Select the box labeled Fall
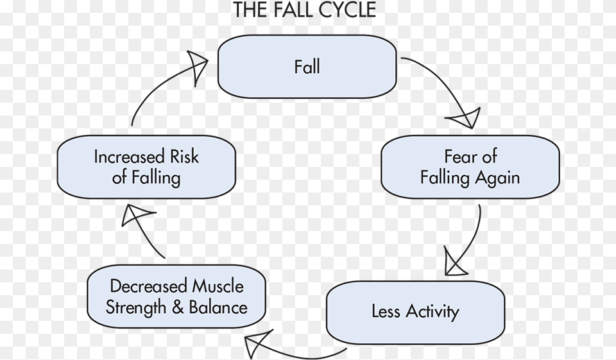click(307, 67)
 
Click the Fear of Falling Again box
click(470, 167)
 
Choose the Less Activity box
click(415, 313)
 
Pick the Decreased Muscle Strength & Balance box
click(176, 296)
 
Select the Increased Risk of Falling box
click(146, 167)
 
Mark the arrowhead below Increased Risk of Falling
click(137, 216)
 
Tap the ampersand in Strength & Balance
click(178, 307)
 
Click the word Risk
click(184, 157)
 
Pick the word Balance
click(218, 307)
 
